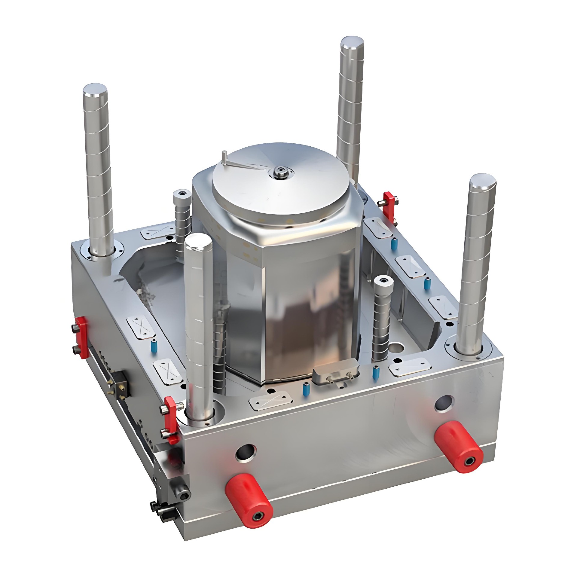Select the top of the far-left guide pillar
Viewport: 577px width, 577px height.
coord(95,90)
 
